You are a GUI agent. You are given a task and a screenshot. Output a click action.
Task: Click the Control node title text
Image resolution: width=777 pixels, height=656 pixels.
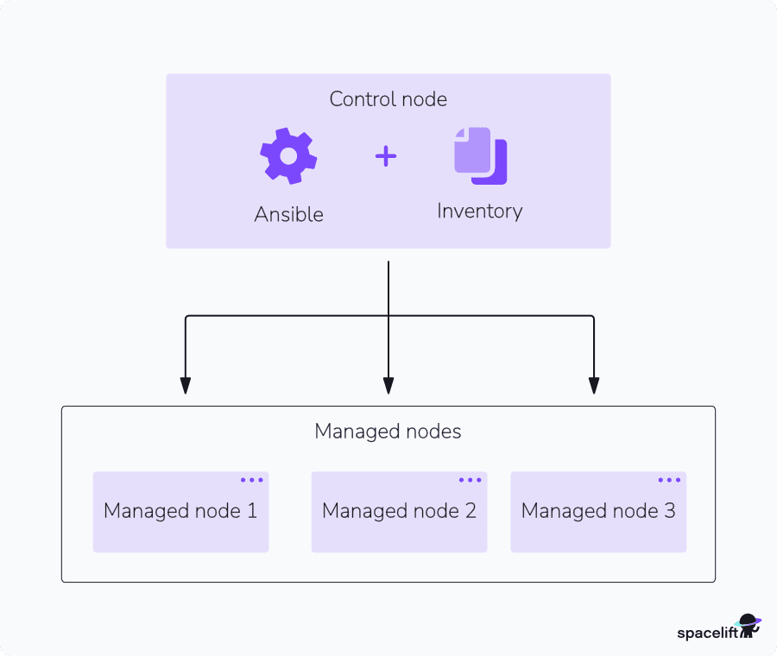coord(388,99)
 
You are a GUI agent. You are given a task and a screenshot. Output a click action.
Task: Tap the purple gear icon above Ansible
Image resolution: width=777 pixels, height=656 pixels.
coord(288,155)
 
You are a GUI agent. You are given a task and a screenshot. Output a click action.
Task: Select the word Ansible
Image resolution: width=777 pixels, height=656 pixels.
coord(288,214)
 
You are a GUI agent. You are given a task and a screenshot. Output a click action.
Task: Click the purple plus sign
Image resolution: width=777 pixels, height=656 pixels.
coord(386,156)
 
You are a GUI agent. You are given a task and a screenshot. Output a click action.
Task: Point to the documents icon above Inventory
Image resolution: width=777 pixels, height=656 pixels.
coord(480,155)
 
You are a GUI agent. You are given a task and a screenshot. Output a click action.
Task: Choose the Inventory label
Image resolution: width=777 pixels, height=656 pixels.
coord(479,211)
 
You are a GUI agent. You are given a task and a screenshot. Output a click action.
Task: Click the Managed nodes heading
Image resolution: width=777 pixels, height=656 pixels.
coord(388,431)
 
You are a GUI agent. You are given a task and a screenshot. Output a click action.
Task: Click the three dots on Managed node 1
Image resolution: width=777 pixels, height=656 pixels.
coord(251,480)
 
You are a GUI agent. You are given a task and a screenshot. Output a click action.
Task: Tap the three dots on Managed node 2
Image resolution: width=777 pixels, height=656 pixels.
coord(470,480)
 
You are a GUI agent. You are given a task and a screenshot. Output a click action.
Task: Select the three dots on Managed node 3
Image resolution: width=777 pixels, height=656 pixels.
coord(669,480)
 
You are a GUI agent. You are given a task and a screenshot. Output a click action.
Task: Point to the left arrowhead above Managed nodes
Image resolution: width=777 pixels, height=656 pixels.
coord(185,386)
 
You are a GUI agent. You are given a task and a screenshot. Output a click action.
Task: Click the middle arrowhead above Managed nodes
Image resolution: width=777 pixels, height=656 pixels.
coord(388,386)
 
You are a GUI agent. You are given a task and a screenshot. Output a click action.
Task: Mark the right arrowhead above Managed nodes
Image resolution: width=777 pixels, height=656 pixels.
coord(594,386)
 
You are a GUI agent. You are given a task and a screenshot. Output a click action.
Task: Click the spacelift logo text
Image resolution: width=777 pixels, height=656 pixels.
coord(704,633)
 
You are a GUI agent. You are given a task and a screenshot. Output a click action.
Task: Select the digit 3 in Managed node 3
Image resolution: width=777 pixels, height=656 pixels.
coord(669,510)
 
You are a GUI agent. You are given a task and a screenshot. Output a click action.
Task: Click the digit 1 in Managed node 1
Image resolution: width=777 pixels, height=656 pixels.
coord(252,510)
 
